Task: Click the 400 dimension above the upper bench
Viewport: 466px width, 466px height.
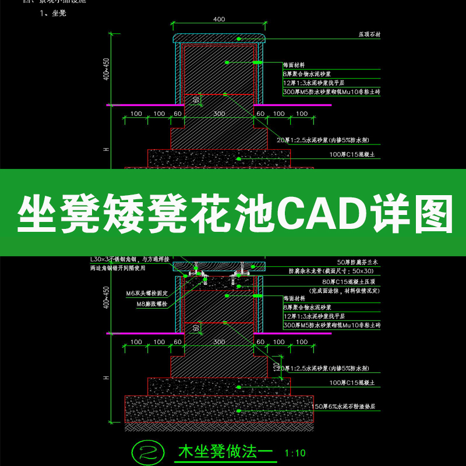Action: [219, 19]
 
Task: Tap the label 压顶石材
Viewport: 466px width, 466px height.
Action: [369, 35]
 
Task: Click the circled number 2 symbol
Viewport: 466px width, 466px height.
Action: [145, 451]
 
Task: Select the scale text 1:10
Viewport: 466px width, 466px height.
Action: [295, 453]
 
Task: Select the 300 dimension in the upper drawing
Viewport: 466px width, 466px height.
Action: [219, 114]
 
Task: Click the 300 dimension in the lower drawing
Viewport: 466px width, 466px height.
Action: [219, 343]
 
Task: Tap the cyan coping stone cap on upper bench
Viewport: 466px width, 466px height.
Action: [219, 38]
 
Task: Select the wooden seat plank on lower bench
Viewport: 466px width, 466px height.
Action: [219, 266]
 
